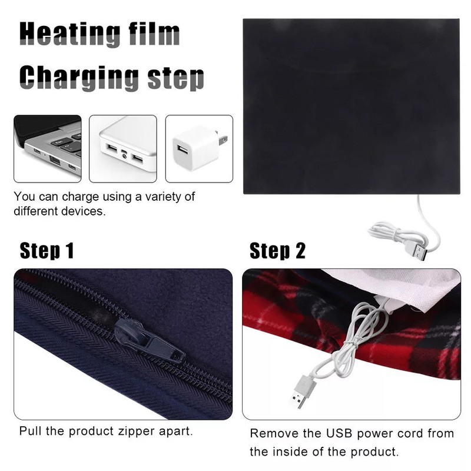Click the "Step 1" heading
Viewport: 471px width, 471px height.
[x=47, y=250]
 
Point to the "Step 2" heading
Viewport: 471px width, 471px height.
[x=278, y=250]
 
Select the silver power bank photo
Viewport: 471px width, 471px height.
[x=123, y=148]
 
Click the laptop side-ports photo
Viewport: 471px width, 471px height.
[x=48, y=148]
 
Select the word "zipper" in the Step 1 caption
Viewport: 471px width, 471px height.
[x=142, y=431]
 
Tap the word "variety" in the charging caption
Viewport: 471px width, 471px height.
[x=161, y=197]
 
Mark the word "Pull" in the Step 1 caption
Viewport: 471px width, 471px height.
[x=30, y=431]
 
